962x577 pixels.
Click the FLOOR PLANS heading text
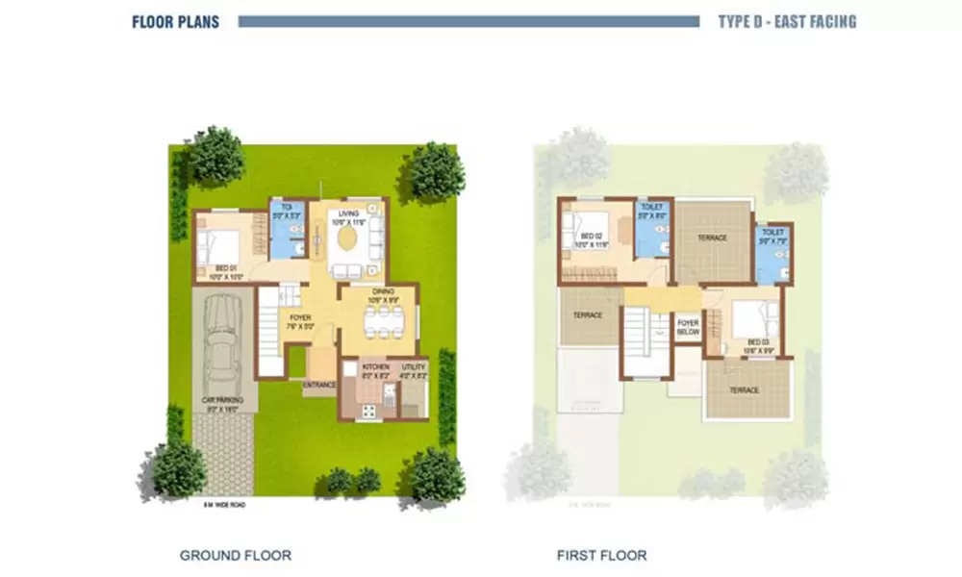click(x=175, y=21)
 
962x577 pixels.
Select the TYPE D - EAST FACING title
click(x=787, y=21)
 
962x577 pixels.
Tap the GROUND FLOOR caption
click(x=236, y=555)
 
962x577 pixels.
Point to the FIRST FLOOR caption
click(x=601, y=555)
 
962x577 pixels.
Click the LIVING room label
click(x=347, y=214)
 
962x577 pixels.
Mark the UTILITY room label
click(x=414, y=367)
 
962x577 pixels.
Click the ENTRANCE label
click(x=319, y=386)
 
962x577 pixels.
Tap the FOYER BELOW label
click(x=687, y=328)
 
